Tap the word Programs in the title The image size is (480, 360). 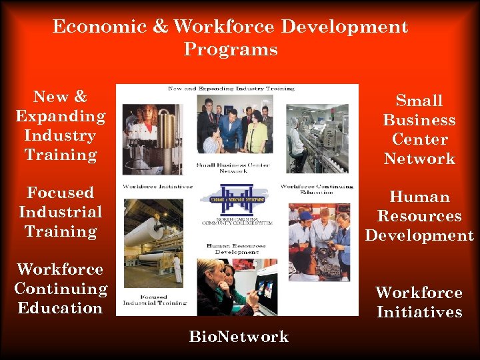pyautogui.click(x=231, y=50)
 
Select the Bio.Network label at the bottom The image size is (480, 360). pyautogui.click(x=239, y=337)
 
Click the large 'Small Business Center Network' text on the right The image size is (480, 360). pyautogui.click(x=419, y=129)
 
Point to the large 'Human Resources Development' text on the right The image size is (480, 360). pyautogui.click(x=419, y=216)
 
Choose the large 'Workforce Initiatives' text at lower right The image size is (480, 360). pyautogui.click(x=419, y=302)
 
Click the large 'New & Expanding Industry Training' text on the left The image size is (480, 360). pyautogui.click(x=61, y=125)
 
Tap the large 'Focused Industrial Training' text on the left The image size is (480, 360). pyautogui.click(x=61, y=212)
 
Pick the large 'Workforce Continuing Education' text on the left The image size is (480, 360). pyautogui.click(x=61, y=289)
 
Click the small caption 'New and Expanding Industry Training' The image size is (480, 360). pyautogui.click(x=231, y=89)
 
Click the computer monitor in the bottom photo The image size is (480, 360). pyautogui.click(x=267, y=289)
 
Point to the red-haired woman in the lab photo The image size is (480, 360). pyautogui.click(x=145, y=127)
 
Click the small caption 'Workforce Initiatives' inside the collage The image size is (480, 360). pyautogui.click(x=158, y=187)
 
